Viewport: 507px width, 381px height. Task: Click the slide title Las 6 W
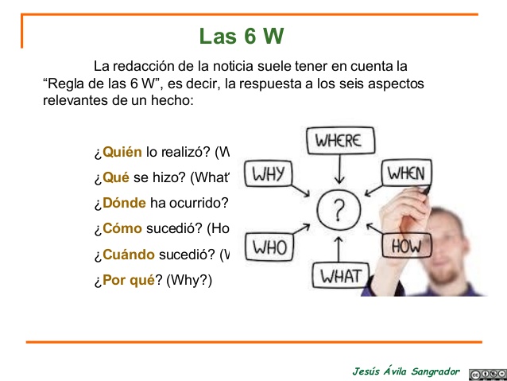click(x=242, y=37)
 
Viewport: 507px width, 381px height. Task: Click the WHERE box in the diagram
click(x=339, y=141)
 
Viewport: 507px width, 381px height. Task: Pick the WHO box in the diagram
click(x=269, y=247)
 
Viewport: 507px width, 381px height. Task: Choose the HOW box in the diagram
click(x=406, y=246)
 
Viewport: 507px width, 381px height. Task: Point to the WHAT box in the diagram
click(x=340, y=277)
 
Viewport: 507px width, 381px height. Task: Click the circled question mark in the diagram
click(x=339, y=210)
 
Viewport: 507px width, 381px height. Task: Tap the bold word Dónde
click(x=124, y=203)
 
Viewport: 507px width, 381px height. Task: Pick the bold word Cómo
click(x=122, y=228)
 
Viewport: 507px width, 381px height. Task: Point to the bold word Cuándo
click(x=129, y=255)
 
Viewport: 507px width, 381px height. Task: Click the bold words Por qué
click(x=127, y=280)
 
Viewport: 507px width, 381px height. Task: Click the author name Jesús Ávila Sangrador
click(x=406, y=371)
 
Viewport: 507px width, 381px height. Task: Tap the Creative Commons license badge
click(x=485, y=372)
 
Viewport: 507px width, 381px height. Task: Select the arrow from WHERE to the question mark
click(x=339, y=169)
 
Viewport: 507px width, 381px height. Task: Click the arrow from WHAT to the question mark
click(x=339, y=247)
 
